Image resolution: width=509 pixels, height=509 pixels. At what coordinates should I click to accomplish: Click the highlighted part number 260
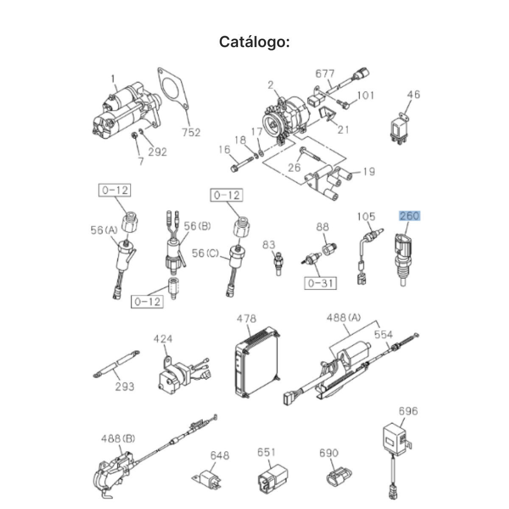point(409,216)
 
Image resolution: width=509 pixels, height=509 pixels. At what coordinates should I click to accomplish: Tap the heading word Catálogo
point(254,42)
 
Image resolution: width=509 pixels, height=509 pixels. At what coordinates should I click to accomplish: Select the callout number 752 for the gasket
point(191,132)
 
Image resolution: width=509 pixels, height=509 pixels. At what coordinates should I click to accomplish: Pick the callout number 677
point(325,73)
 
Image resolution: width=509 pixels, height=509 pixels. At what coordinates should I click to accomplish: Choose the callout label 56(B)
point(197,226)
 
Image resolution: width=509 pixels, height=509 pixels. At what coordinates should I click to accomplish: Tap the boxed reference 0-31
point(320,283)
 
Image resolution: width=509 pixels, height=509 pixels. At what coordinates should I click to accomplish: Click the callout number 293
point(125,386)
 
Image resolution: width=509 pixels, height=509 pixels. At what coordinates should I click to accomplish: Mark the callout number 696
point(408,411)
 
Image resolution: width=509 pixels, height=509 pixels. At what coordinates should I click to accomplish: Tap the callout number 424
point(163,338)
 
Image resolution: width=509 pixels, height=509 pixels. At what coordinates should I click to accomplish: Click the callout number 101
point(366,95)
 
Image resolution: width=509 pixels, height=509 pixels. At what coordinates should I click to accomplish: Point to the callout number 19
point(369,171)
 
